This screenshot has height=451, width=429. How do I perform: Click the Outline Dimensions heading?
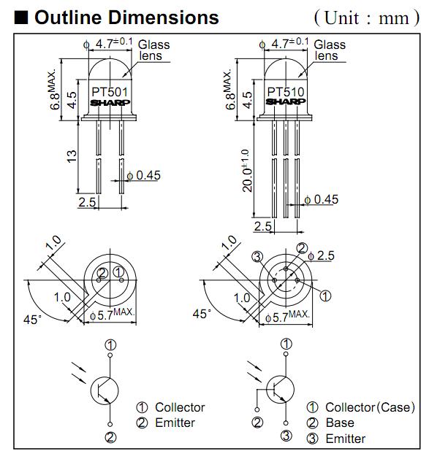pos(126,18)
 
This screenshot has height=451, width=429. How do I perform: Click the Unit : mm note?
pos(367,18)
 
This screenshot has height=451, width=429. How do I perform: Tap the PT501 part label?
pos(110,93)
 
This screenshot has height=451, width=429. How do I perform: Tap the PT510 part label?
pos(286,92)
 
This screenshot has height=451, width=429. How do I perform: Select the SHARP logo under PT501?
pos(110,103)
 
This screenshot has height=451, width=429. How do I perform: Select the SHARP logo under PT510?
pos(286,101)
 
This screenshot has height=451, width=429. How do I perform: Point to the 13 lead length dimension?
pos(72,156)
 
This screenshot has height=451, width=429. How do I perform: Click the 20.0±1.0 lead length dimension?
pos(247,170)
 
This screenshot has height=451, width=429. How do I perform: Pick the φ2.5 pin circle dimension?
pos(321,255)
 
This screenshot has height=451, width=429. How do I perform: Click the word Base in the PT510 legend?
pos(340,423)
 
